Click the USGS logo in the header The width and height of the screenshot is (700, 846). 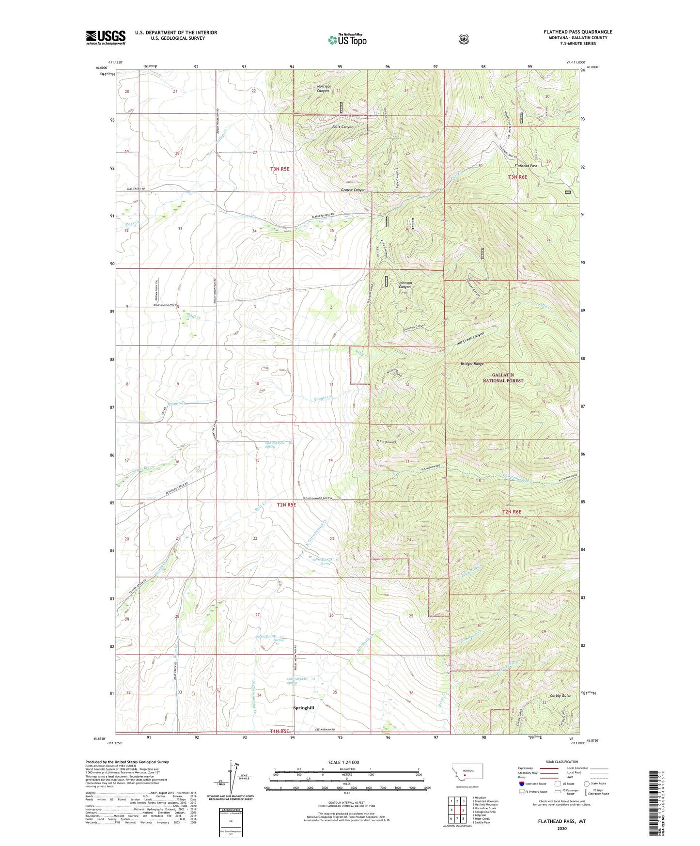point(106,37)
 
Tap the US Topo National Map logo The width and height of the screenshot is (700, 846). point(347,40)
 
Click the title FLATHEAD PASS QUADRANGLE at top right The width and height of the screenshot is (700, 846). point(577,32)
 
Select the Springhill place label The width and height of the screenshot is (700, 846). point(304,708)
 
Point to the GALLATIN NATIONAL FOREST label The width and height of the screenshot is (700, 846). point(502,378)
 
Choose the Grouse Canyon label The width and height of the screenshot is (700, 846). point(353,190)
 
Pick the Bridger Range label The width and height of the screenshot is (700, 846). point(472,363)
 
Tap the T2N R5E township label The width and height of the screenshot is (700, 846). point(286,504)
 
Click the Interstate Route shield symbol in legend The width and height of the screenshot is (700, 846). point(521,783)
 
